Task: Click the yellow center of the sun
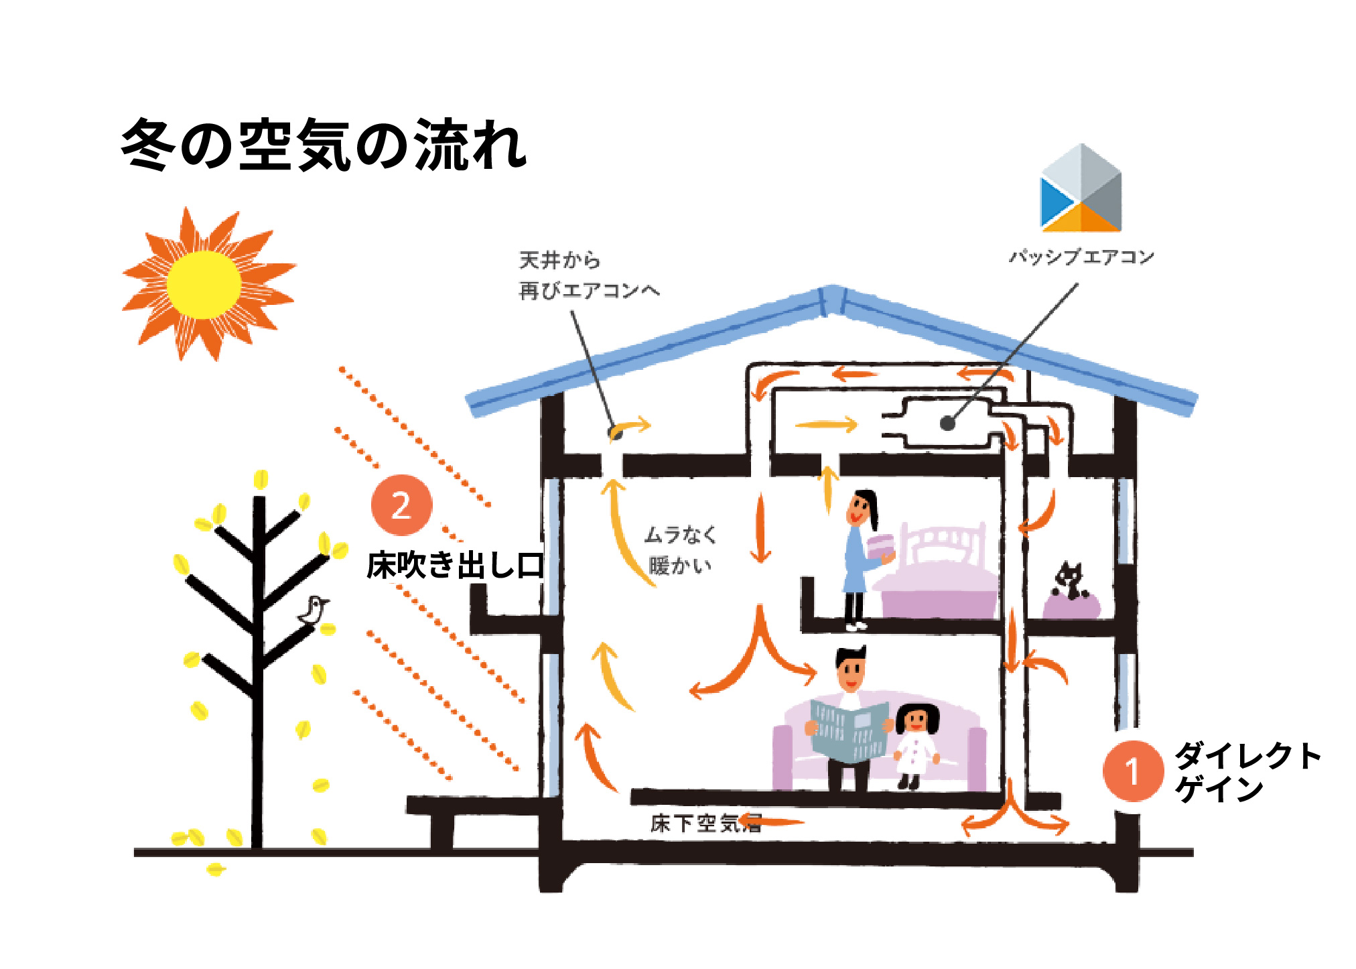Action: (204, 285)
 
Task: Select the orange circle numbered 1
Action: (1132, 771)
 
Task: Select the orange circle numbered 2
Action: (401, 505)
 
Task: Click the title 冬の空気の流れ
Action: (324, 145)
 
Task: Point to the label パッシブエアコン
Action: (1081, 257)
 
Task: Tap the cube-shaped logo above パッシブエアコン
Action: (1081, 189)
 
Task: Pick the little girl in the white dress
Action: (916, 744)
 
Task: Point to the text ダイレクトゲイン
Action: (1246, 771)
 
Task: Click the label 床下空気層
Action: (705, 824)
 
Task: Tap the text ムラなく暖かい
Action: (679, 550)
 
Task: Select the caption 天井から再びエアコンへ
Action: (588, 275)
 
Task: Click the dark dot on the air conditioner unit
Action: (947, 424)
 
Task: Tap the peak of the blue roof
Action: (832, 296)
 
